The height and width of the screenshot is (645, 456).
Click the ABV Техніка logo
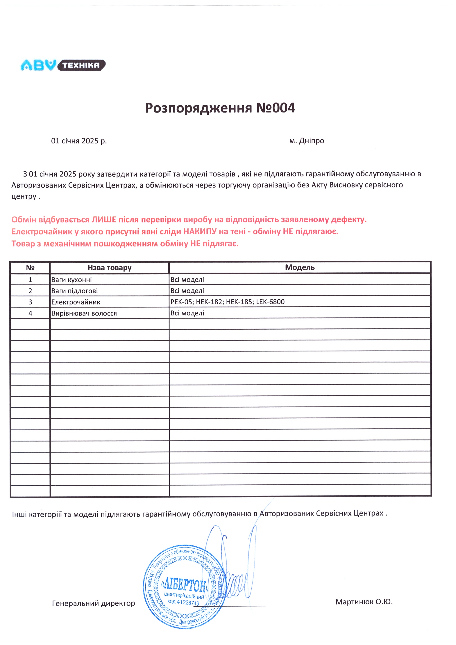pyautogui.click(x=63, y=65)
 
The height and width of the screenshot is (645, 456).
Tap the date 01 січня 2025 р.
pyautogui.click(x=79, y=141)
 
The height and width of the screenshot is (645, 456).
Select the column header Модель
pyautogui.click(x=300, y=267)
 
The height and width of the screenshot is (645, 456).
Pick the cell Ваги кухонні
pyautogui.click(x=72, y=280)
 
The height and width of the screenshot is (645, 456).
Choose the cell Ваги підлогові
pyautogui.click(x=74, y=291)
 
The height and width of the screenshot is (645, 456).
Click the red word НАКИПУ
pyautogui.click(x=200, y=232)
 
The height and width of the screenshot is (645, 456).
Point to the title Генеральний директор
pyautogui.click(x=94, y=603)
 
